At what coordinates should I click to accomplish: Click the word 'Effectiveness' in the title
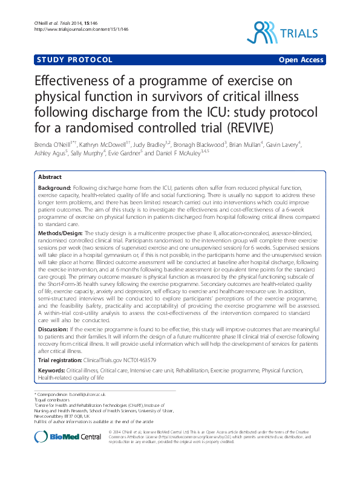tap(79, 82)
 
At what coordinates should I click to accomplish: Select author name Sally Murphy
tap(88, 154)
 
